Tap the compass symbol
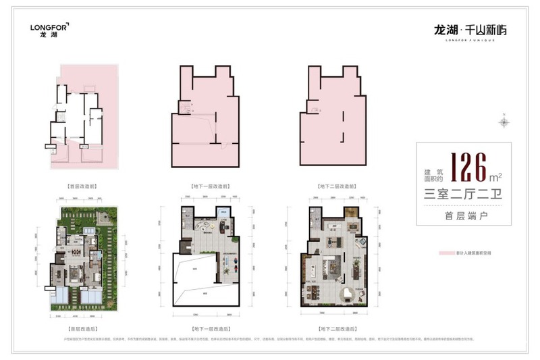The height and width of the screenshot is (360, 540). [504, 122]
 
